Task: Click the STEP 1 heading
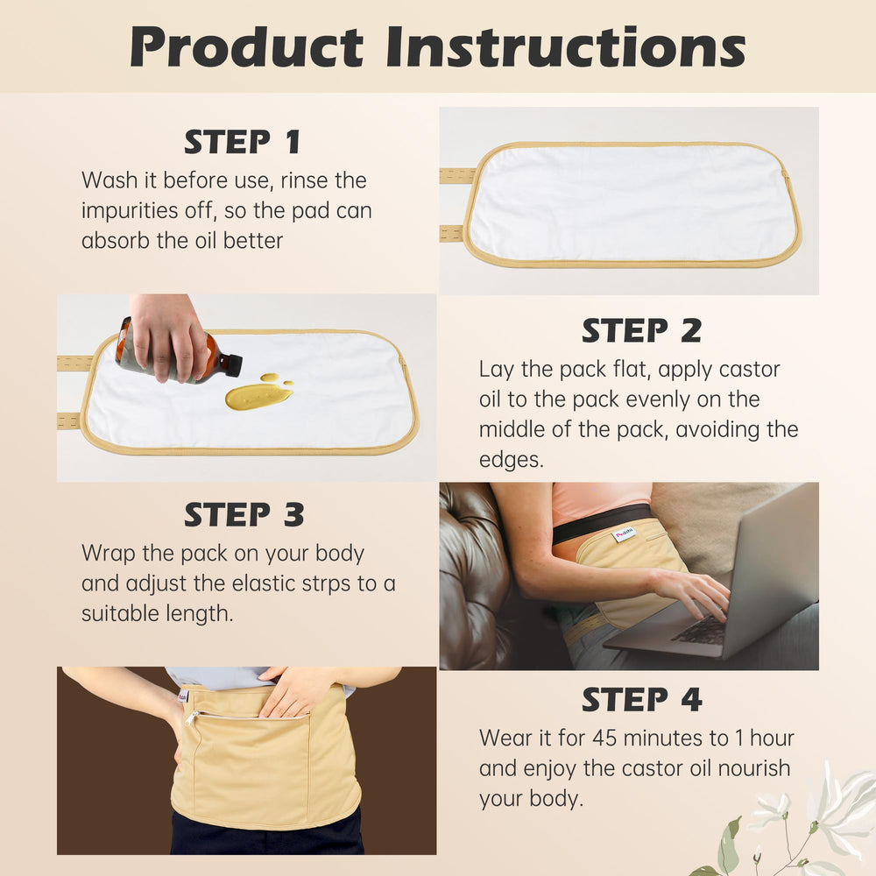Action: click(242, 142)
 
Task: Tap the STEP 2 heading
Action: click(641, 331)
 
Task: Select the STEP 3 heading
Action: click(244, 515)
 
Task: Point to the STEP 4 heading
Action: click(641, 700)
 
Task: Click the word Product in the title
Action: click(246, 47)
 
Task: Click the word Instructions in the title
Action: click(565, 47)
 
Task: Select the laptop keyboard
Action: click(701, 629)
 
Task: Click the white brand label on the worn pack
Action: click(624, 533)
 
